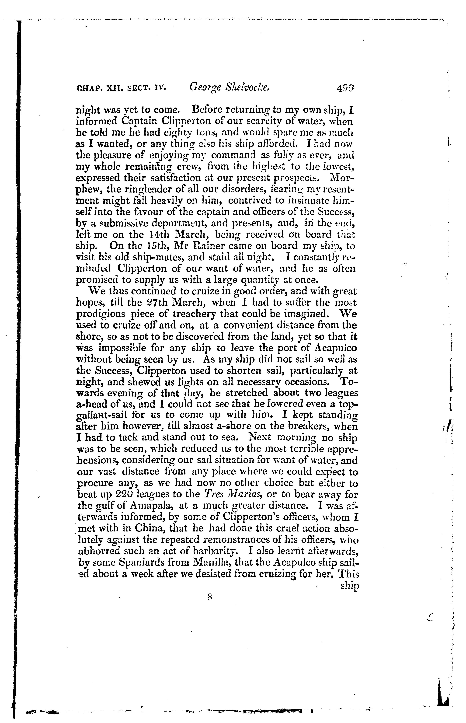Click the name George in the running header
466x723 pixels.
[206, 88]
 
